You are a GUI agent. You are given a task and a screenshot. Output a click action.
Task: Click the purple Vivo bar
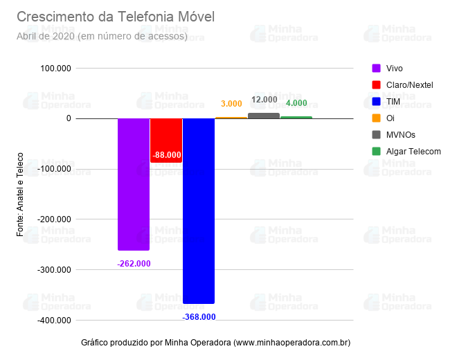134,183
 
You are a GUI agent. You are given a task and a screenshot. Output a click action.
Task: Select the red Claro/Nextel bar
166,135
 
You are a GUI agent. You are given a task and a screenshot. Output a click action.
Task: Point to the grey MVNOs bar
264,116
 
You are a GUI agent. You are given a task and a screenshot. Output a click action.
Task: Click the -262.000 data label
134,264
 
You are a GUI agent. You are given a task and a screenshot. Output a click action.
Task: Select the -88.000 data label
166,155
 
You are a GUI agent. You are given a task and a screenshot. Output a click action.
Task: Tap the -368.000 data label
199,317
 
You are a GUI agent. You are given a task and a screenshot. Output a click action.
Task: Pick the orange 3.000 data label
231,104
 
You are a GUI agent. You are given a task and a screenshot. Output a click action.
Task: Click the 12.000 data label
264,100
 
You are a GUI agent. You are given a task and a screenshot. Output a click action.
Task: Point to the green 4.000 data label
296,103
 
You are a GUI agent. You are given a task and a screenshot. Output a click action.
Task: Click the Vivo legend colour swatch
376,68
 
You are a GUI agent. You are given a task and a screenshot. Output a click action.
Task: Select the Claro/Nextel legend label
409,84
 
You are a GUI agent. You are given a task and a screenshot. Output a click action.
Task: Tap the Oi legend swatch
376,118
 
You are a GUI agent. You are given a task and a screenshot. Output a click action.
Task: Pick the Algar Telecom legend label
413,151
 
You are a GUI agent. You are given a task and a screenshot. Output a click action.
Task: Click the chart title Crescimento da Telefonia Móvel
116,17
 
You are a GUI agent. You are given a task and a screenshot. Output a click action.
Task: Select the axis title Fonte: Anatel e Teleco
20,195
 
